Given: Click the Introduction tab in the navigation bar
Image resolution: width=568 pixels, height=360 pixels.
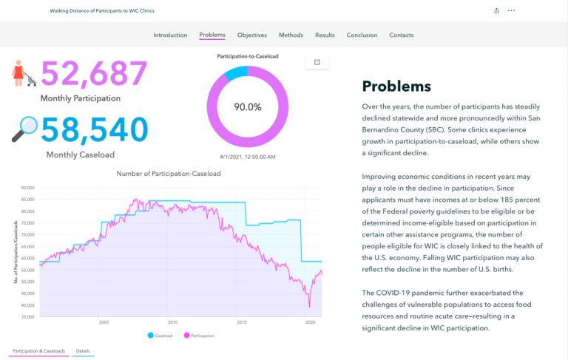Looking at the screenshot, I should coord(170,35).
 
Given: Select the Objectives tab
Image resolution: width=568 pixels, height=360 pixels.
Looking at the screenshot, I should coord(252,35).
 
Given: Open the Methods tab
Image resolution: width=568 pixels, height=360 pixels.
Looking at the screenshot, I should coord(291,35).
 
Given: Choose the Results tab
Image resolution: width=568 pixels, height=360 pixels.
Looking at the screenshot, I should coord(325,35).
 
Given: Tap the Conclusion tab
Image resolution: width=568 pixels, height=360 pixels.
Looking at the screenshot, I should coord(362,35).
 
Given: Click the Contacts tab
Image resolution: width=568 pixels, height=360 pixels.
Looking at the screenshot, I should coord(401,35).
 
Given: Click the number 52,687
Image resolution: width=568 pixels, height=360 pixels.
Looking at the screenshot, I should coord(94,74).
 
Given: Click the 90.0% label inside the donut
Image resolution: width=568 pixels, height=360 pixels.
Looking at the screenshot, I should coord(248,107).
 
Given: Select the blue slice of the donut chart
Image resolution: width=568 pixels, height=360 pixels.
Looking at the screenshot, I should coord(234,72).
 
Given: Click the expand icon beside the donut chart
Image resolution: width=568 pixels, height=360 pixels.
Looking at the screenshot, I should coord(317,62).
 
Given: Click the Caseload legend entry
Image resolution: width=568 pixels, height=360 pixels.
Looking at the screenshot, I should coord(160,336).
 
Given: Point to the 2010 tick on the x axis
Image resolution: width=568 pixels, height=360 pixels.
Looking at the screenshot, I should coord(172,322).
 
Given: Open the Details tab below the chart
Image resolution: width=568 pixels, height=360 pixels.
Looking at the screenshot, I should coord(84,350).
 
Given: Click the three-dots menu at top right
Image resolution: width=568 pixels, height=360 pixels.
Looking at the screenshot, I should coord(511,10).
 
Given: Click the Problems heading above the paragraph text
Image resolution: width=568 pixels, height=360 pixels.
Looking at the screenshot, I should coord(396,86).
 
